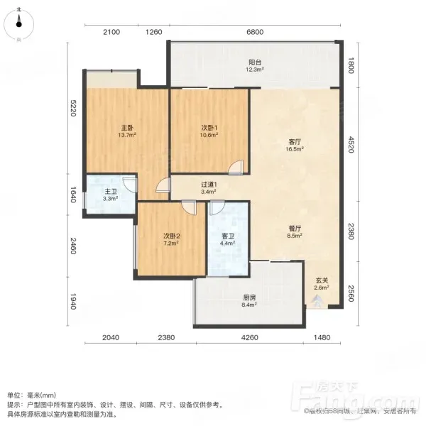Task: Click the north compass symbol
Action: [x=18, y=24]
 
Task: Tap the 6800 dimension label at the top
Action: [x=255, y=32]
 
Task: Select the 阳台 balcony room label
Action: [x=255, y=65]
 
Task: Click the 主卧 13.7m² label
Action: [x=127, y=131]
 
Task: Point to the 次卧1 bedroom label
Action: [x=209, y=131]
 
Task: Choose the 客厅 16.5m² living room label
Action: [x=295, y=145]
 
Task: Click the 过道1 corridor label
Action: [x=209, y=188]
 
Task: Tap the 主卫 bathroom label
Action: [x=111, y=195]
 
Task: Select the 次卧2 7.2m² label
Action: [x=171, y=239]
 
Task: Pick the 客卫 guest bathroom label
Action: [x=228, y=239]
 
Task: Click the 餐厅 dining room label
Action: [x=295, y=231]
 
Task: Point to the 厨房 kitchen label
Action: [x=249, y=301]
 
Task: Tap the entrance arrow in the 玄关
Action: [x=317, y=302]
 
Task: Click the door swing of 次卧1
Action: [x=236, y=168]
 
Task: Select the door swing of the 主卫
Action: [x=129, y=185]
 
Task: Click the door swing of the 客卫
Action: [x=217, y=208]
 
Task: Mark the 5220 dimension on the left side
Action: [x=73, y=108]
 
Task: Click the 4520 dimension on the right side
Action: [x=351, y=145]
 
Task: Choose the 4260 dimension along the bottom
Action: [x=250, y=337]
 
